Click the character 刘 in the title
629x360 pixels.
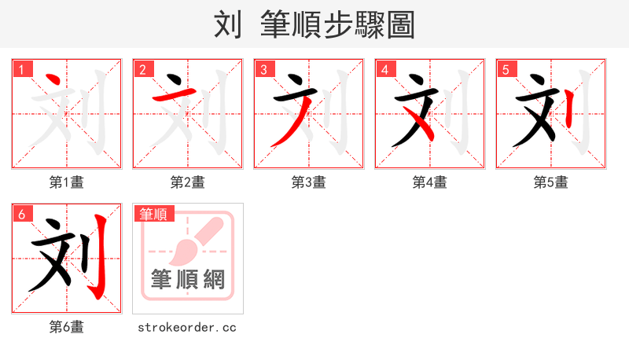[x=228, y=25]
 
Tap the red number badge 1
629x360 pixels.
[x=22, y=69]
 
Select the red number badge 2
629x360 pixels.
[x=143, y=69]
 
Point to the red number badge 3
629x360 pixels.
[x=264, y=69]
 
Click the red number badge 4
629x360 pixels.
[x=385, y=69]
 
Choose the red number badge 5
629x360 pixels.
[x=506, y=69]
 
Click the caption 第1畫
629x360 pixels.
[x=67, y=182]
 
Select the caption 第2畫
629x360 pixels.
[x=188, y=182]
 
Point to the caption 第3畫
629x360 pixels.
[x=309, y=182]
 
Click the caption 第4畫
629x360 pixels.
[x=430, y=182]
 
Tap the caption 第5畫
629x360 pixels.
[x=551, y=182]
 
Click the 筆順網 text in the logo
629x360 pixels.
[x=188, y=280]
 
